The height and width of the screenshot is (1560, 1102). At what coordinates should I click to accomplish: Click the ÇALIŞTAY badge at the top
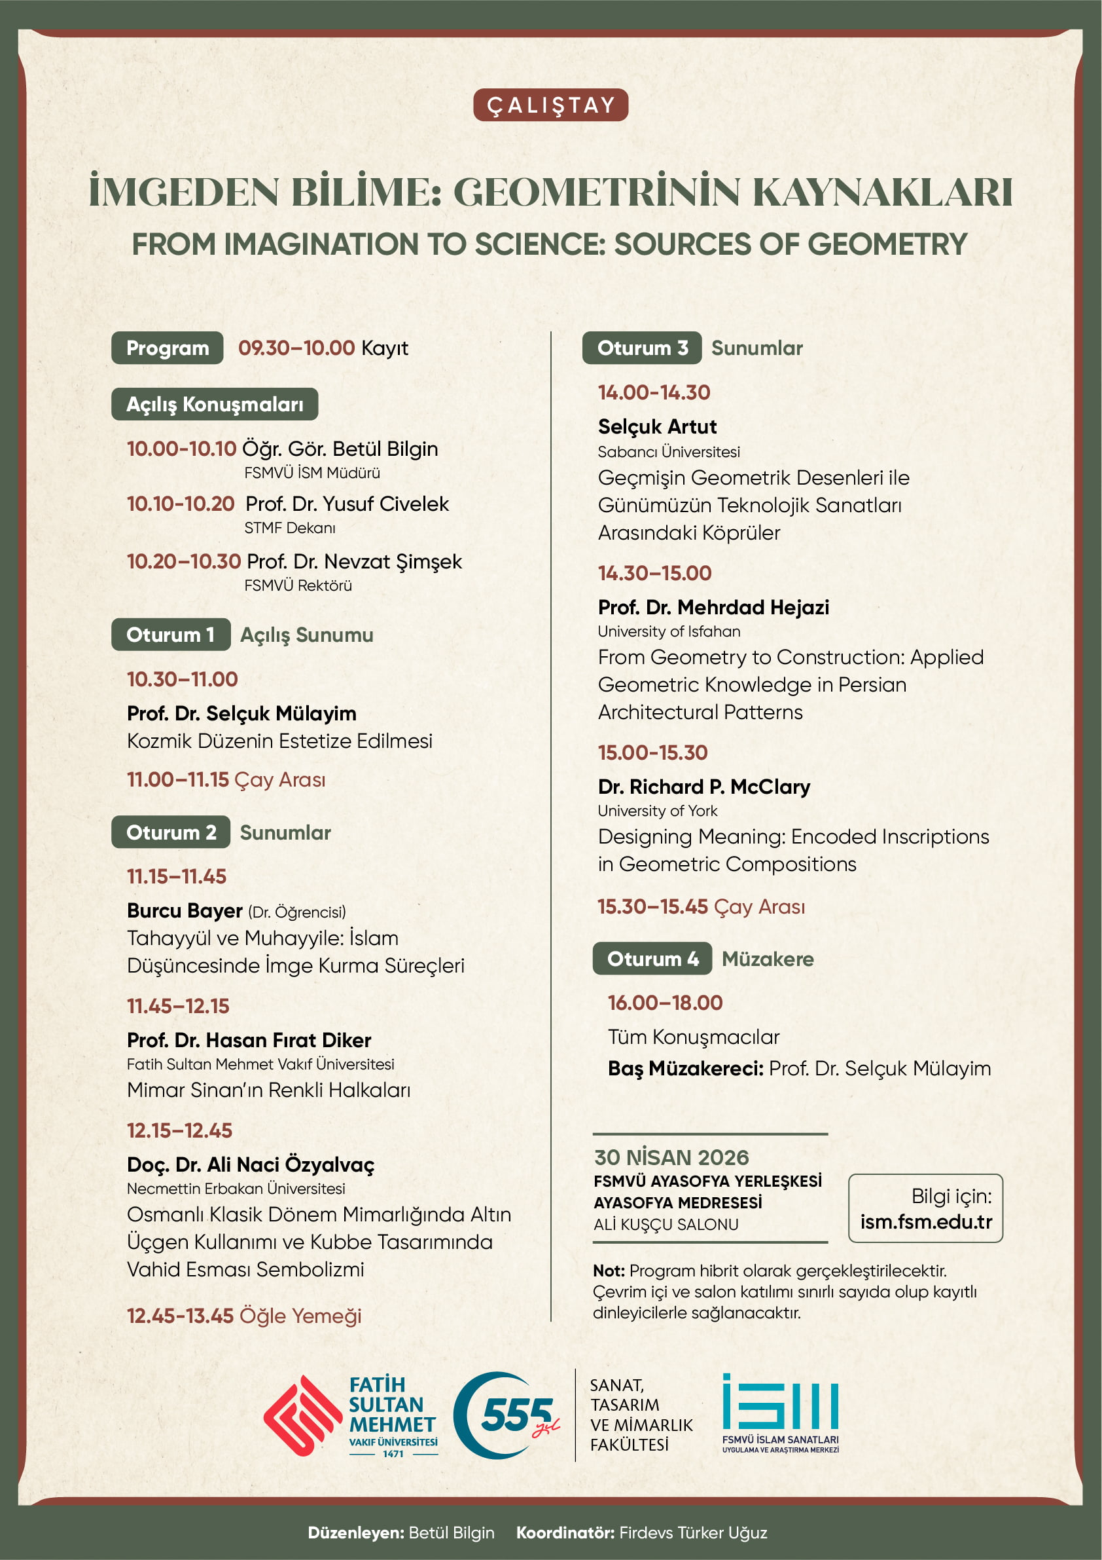click(550, 105)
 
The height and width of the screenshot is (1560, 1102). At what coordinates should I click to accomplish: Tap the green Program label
click(167, 348)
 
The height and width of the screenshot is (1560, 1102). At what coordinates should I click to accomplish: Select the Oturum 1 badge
click(170, 635)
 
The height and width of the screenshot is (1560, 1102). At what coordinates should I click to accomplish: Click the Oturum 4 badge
click(652, 959)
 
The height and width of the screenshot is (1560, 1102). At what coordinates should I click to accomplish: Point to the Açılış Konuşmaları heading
click(215, 404)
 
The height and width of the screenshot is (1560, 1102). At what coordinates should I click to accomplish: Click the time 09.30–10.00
click(296, 348)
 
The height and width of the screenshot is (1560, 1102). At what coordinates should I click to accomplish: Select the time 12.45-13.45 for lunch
click(180, 1316)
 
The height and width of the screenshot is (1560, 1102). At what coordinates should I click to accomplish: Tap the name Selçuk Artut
click(656, 427)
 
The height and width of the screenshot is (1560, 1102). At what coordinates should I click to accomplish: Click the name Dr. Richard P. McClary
click(703, 787)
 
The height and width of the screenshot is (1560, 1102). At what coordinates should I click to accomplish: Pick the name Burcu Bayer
click(184, 910)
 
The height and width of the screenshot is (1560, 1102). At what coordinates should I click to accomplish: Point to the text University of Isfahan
click(668, 631)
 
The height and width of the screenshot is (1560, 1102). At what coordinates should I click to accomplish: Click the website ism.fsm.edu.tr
click(925, 1221)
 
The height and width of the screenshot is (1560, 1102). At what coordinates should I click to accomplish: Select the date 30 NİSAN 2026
click(671, 1157)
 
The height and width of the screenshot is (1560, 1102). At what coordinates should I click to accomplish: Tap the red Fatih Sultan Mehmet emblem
click(302, 1415)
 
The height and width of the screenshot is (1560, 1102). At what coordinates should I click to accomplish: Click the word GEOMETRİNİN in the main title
click(596, 193)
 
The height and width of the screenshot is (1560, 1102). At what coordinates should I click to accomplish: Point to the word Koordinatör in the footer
click(565, 1533)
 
